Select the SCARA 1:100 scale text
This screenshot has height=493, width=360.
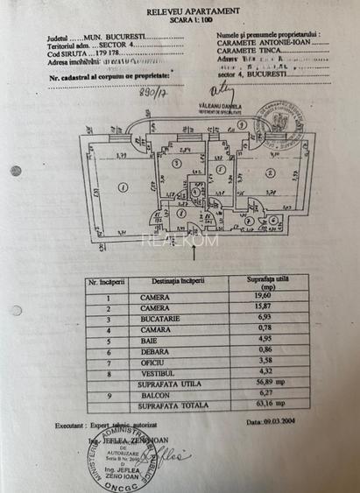[x=179, y=20]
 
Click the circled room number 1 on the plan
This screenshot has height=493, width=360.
[x=124, y=185]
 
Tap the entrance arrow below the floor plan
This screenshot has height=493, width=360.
[x=194, y=254]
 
